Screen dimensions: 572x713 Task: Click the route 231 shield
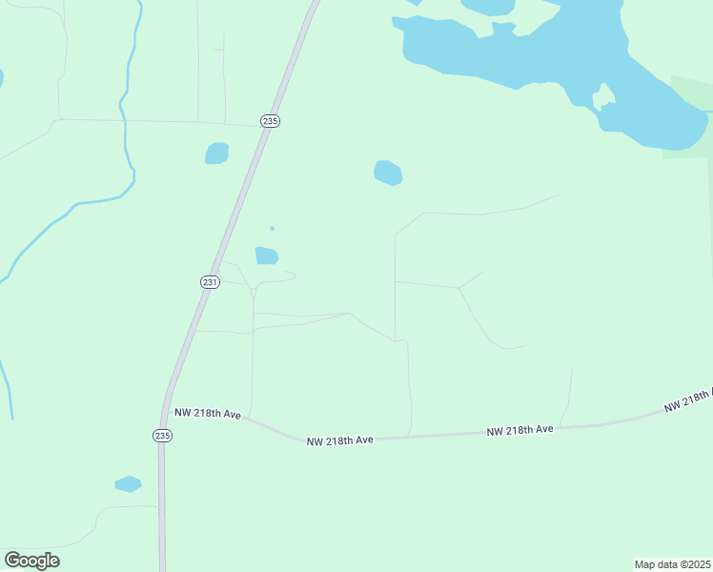[211, 282]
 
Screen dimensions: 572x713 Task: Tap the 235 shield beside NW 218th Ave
[162, 435]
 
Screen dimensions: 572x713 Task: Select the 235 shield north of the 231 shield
[270, 121]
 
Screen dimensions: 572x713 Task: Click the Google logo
[32, 561]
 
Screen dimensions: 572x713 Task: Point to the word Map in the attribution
[645, 564]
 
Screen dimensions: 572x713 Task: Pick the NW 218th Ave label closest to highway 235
[207, 414]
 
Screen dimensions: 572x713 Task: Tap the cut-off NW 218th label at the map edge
[689, 398]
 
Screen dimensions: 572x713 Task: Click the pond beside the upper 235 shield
[217, 153]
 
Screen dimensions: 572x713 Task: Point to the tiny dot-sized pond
[272, 228]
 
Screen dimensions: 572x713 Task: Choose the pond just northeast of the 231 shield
[266, 255]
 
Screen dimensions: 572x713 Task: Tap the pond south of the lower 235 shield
[128, 484]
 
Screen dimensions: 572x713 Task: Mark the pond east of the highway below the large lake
[388, 173]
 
